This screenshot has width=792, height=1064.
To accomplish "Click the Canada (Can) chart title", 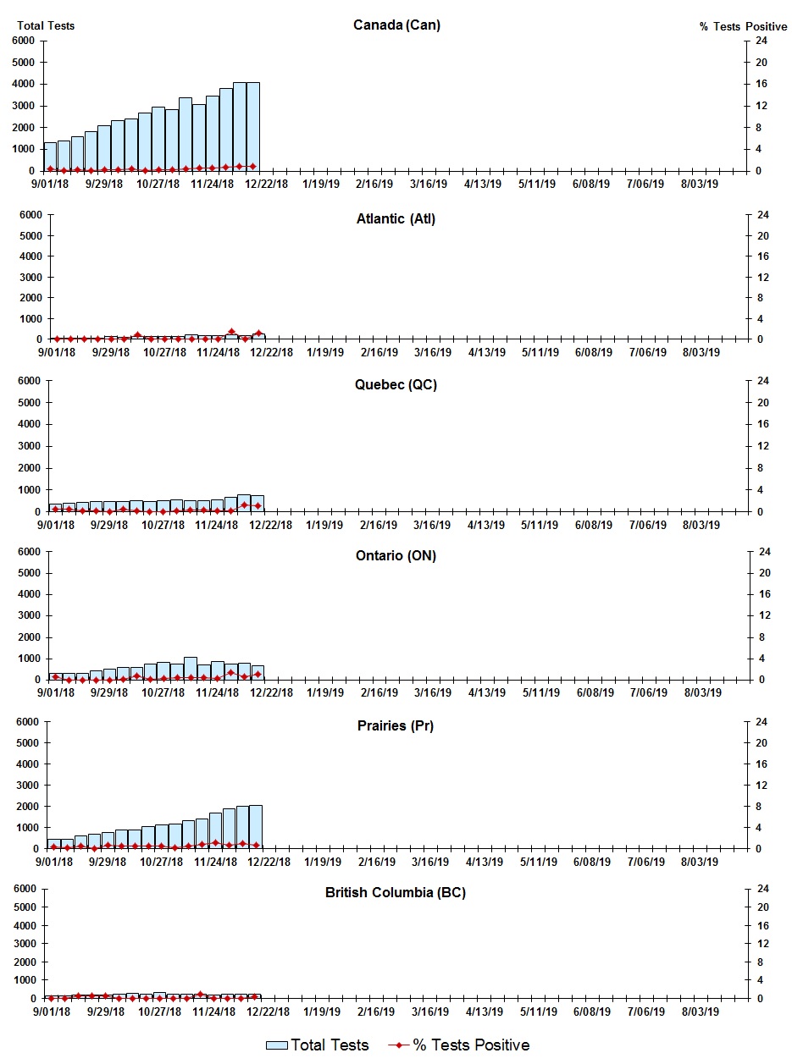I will pyautogui.click(x=396, y=25).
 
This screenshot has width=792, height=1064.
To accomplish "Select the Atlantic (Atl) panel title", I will pyautogui.click(x=396, y=219).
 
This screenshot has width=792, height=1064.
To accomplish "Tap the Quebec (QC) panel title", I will pyautogui.click(x=396, y=385).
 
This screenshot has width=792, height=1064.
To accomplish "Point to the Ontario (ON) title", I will pyautogui.click(x=396, y=556).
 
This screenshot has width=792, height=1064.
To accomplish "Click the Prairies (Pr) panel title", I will pyautogui.click(x=396, y=726).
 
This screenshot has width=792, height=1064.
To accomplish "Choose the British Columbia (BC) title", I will pyautogui.click(x=396, y=893).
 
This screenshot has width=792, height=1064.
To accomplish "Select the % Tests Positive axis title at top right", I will pyautogui.click(x=743, y=26).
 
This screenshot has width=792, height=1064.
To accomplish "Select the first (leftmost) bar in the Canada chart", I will pyautogui.click(x=50, y=157).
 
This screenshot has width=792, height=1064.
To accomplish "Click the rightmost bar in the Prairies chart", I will pyautogui.click(x=256, y=827).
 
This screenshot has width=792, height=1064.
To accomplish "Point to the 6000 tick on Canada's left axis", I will pyautogui.click(x=23, y=41).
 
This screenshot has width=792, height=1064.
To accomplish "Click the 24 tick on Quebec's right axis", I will pyautogui.click(x=762, y=381).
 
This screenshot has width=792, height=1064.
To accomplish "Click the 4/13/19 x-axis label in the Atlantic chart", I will pyautogui.click(x=485, y=352).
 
